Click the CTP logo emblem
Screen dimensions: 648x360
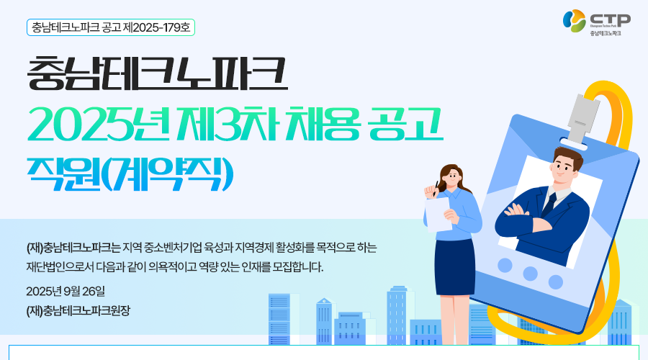coord(575,21)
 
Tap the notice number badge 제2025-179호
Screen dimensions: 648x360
coord(111,27)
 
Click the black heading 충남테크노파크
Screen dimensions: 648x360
coord(157,73)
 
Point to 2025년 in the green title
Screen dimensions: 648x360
coord(99,124)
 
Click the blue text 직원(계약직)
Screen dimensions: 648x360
coord(130,174)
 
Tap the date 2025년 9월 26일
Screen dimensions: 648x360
coord(66,292)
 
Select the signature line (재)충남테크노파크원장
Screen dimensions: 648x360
coord(78,311)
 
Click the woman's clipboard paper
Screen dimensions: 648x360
coord(437,215)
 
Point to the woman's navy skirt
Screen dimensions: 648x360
coord(454,266)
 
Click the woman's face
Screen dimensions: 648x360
coord(451,178)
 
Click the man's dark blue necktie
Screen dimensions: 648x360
coord(549,204)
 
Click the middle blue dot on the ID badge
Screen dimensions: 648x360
coord(530,273)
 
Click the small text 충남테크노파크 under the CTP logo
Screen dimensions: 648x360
coord(606,33)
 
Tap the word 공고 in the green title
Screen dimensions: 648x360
coord(406,124)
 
